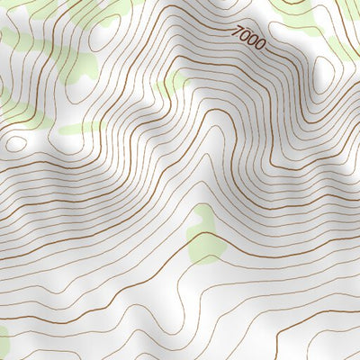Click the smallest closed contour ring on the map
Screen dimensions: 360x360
[x=16, y=142]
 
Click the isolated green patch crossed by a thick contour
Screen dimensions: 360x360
[x=204, y=236]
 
